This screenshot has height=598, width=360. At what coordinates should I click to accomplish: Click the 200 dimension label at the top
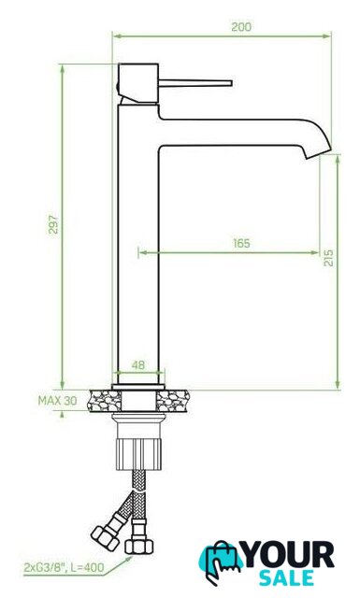click(241, 27)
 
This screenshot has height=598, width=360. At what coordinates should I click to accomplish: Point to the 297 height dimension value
click(54, 224)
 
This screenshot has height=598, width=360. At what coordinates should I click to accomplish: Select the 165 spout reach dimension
click(241, 243)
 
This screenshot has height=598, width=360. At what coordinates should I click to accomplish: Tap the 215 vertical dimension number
click(328, 258)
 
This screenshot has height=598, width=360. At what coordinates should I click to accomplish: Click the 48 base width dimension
click(138, 365)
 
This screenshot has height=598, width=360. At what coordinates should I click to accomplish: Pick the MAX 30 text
click(57, 401)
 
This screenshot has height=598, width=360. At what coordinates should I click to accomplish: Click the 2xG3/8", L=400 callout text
click(64, 568)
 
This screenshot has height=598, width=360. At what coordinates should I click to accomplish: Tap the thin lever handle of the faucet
click(195, 83)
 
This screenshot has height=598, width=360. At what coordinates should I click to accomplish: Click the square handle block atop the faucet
click(138, 83)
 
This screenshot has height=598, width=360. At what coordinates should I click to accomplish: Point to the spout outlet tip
click(318, 152)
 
